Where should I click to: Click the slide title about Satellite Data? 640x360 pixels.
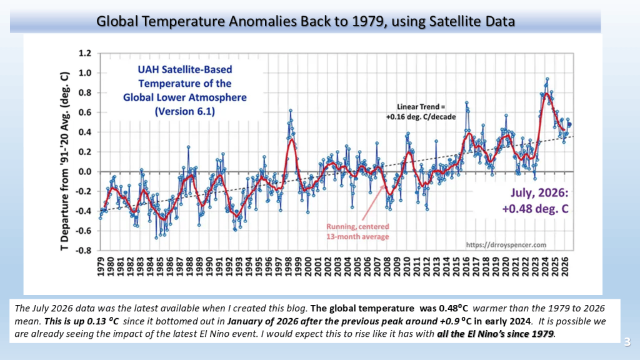point(305,21)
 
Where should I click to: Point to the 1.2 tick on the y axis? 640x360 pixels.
point(85,54)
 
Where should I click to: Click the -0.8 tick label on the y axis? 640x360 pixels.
point(83,251)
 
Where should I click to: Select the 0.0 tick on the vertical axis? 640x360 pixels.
point(85,172)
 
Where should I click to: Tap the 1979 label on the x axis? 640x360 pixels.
point(101,266)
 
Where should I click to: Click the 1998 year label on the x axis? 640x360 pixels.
point(289,266)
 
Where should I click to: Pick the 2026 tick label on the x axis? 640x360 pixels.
point(565,266)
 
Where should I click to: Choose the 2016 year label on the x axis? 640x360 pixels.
point(466,266)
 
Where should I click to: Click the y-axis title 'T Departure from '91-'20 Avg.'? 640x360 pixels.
point(64,162)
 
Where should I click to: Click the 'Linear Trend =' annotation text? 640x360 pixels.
point(421,107)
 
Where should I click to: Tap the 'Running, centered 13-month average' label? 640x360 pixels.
point(357,231)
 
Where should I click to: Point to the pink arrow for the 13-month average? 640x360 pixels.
point(372,203)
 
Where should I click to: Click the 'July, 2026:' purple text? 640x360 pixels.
point(539,192)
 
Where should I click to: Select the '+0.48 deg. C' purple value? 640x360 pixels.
point(535,209)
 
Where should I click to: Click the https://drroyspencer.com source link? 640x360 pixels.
point(506,245)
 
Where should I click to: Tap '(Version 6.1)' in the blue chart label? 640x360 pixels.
point(185,111)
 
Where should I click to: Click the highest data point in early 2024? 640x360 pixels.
point(547,79)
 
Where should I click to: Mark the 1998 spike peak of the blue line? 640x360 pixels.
point(291,111)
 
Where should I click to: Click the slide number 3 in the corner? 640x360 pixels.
point(627,342)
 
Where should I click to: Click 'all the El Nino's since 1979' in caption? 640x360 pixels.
point(496,334)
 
